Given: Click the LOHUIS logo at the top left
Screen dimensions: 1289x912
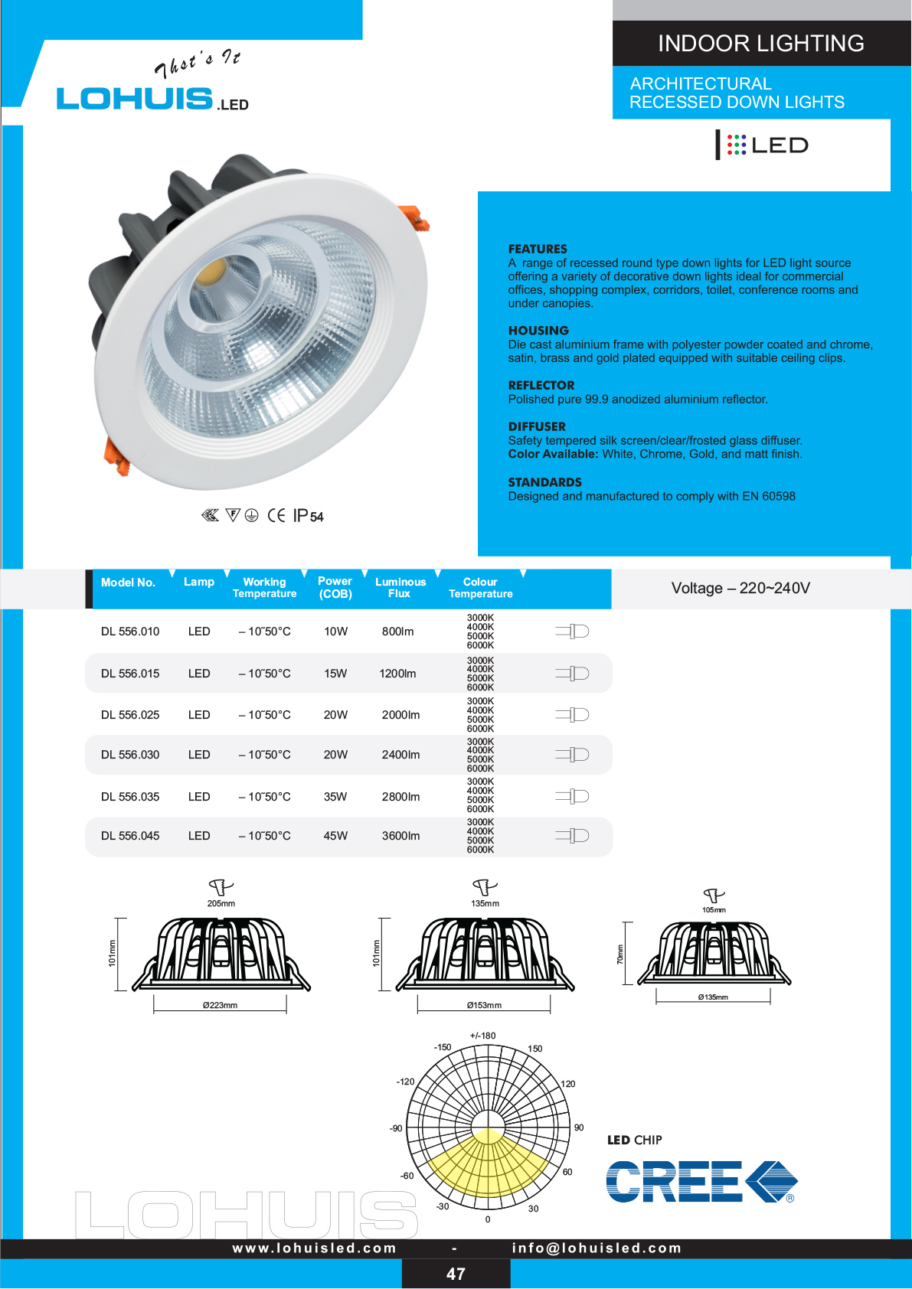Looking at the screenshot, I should pos(136,99).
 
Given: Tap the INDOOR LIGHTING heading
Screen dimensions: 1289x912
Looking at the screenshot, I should pos(760,44).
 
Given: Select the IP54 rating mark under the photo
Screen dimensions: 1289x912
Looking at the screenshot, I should pos(308,516).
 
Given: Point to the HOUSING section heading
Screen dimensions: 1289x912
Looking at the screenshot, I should pos(538,331).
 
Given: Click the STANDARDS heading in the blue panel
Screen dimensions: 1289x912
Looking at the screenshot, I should pos(544,482).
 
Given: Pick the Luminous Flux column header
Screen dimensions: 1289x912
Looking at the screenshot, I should pos(400,588).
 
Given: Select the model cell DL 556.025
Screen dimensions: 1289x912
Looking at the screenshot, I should pos(130,715).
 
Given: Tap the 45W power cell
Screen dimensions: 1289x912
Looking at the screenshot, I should pos(335,836).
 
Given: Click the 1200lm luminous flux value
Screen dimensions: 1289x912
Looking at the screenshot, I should pos(397,674).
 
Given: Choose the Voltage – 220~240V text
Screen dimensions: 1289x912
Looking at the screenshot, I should pos(740,588).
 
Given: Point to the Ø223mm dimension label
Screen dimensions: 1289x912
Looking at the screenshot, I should pos(220,1005).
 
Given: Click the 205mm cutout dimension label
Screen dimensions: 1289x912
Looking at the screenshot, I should pos(221,904).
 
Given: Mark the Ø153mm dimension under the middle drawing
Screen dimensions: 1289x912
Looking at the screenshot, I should pos(484,1005).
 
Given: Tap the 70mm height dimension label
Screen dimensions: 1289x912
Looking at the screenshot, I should pos(620,954).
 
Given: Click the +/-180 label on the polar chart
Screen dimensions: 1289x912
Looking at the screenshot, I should pos(483,1036).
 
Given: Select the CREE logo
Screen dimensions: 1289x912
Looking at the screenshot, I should pos(701,1181).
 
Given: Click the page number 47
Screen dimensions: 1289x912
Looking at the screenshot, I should pos(456,1274).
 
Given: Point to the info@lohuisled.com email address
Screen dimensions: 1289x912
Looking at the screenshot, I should pos(597,1248).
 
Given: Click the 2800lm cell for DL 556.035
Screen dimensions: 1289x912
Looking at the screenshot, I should pos(400,797).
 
